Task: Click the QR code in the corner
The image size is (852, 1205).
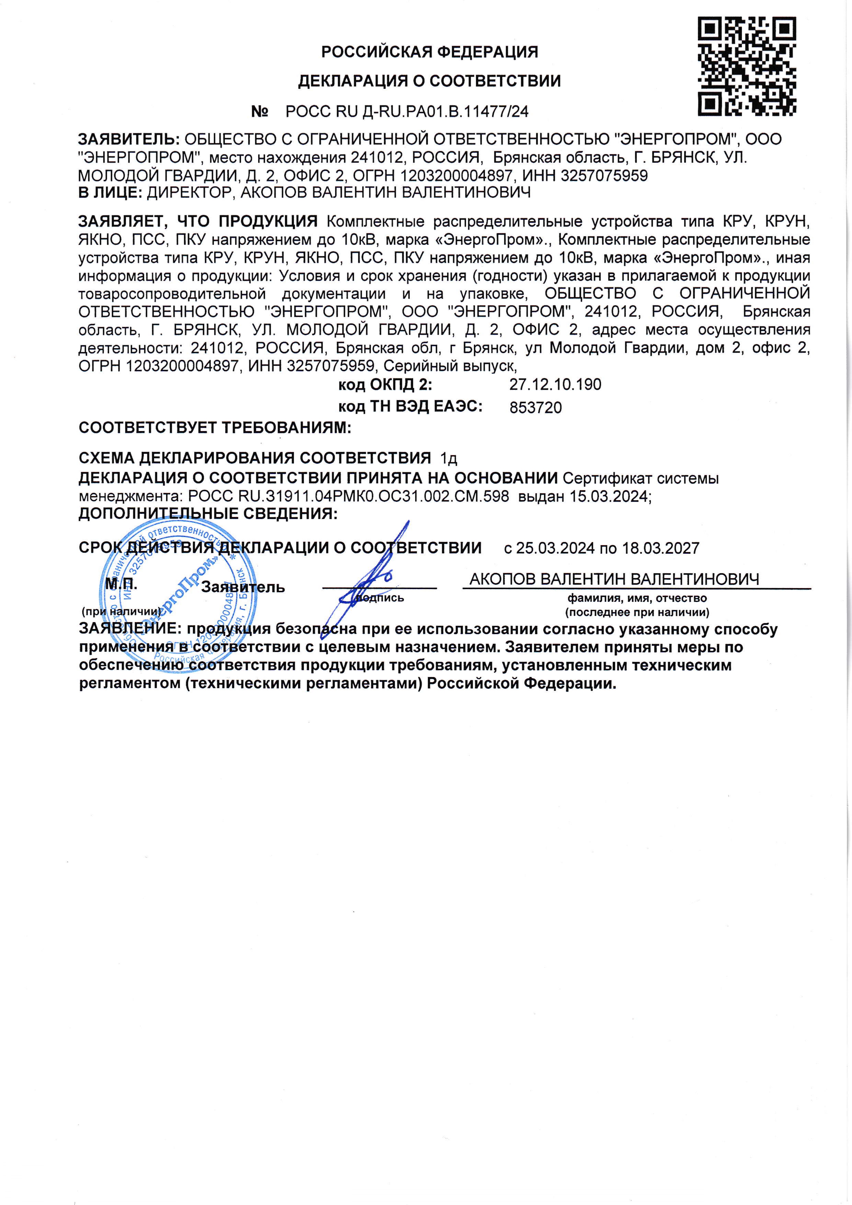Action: pos(747,66)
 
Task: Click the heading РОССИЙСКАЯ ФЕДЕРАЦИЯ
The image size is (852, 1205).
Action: pos(429,52)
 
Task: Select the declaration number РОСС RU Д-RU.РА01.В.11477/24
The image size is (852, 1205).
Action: pos(407,112)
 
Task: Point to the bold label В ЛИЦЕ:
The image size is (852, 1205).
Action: pos(110,193)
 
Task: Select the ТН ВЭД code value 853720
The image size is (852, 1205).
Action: pos(536,408)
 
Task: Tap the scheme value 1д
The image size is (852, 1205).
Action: pos(449,459)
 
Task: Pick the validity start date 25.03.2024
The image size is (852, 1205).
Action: pos(556,549)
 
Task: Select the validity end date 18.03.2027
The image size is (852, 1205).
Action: pos(660,549)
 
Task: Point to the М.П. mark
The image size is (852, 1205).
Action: pos(121,584)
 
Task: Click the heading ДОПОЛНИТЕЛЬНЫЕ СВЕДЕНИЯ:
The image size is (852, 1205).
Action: pos(208,514)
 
